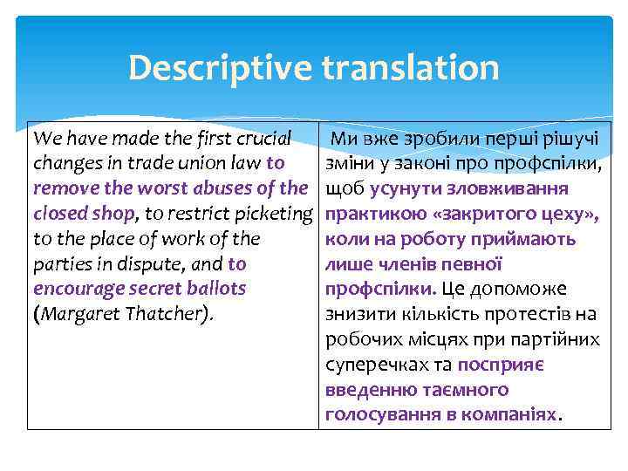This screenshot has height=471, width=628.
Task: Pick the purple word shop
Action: (x=114, y=213)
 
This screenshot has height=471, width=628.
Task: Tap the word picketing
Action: (x=273, y=213)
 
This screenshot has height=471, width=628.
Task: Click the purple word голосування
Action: (x=383, y=413)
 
